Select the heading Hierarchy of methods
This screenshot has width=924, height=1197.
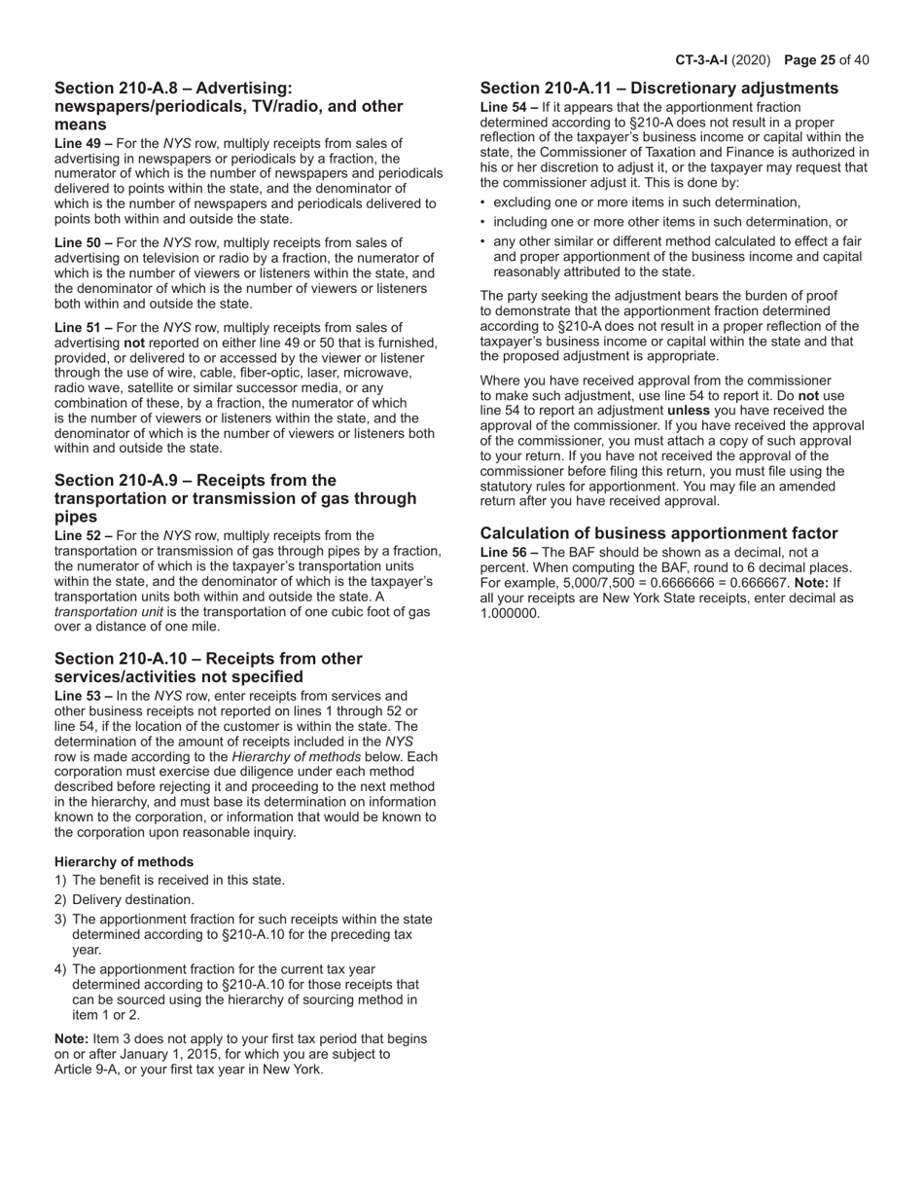[x=124, y=861]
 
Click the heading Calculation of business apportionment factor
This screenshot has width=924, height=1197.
[x=658, y=533]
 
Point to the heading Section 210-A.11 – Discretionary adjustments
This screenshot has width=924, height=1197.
[x=658, y=89]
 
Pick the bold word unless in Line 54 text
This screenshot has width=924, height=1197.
[x=688, y=411]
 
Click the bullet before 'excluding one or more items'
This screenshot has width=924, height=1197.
[x=484, y=202]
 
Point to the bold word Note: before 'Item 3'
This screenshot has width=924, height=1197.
[x=71, y=1038]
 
